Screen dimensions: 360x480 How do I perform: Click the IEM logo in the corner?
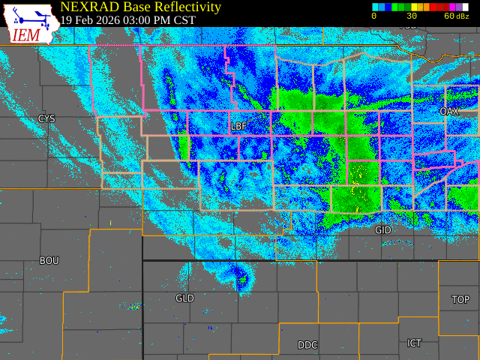point(28,22)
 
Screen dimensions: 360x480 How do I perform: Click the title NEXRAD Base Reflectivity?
point(140,7)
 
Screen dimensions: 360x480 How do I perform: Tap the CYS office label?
point(46,119)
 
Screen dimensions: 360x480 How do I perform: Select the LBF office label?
point(238,126)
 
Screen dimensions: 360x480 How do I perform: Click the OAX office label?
point(448,111)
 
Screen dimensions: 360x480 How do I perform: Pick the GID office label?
point(382,230)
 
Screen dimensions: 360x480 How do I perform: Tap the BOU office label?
point(49,261)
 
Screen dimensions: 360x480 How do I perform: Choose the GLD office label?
point(184,298)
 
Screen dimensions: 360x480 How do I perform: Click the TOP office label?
point(460,300)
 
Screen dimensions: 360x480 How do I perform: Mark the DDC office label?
point(307,345)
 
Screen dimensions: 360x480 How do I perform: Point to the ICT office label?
point(414,343)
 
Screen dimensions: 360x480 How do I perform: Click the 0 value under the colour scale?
point(374,16)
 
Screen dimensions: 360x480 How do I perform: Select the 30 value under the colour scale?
point(412,16)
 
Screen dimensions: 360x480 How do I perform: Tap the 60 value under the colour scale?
point(448,16)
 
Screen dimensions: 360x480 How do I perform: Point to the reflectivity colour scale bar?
point(420,7)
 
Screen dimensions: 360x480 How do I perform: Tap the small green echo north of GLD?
point(241,283)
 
